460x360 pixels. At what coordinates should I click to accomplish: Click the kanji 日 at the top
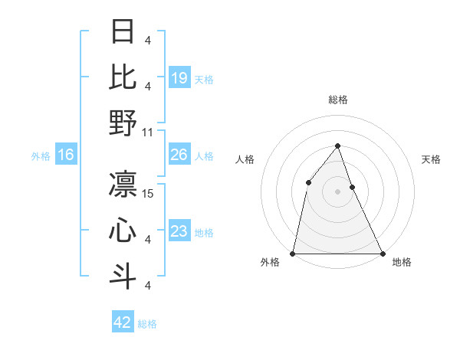[x=123, y=32]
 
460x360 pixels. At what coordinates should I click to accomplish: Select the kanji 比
[x=123, y=77]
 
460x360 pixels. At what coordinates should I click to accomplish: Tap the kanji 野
[x=123, y=123]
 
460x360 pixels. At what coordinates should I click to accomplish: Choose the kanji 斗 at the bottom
[x=123, y=277]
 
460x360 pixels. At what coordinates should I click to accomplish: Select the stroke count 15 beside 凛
[x=149, y=193]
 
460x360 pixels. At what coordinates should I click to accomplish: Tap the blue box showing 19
[x=179, y=77]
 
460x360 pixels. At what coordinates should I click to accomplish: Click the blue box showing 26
[x=179, y=155]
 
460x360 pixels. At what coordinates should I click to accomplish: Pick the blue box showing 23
[x=179, y=231]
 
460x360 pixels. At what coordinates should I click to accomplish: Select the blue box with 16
[x=65, y=155]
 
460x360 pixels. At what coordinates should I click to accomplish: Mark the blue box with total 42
[x=122, y=322]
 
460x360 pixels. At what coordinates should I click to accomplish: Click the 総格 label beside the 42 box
[x=147, y=324]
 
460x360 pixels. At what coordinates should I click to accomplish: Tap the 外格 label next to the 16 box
[x=41, y=156]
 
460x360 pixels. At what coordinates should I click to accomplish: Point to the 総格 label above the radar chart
[x=337, y=100]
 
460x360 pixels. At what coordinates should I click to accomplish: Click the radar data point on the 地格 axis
[x=382, y=253]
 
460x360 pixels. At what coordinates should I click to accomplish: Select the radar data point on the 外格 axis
[x=293, y=253]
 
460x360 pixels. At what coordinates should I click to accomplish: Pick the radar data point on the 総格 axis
[x=337, y=146]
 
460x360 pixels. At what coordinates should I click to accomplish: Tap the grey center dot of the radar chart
[x=337, y=191]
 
